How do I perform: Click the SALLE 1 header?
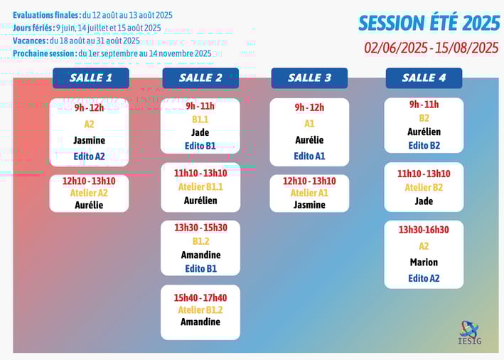[x=91, y=78]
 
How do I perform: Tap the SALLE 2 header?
[x=200, y=78]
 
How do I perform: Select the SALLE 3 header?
[x=309, y=78]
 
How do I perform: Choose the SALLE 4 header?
[x=424, y=78]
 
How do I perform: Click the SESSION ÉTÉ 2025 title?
[x=429, y=23]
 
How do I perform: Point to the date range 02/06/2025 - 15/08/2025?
[x=431, y=48]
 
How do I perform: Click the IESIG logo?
[x=470, y=333]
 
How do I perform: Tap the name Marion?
[x=424, y=263]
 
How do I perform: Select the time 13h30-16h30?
[x=424, y=230]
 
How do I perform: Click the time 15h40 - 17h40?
[x=200, y=297]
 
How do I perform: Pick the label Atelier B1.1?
[x=200, y=187]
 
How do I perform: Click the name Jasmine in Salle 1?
[x=89, y=140]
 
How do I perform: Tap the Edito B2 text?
[x=424, y=146]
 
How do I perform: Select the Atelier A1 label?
[x=309, y=193]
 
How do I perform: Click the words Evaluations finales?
[x=47, y=15]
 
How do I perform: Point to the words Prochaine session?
[x=45, y=53]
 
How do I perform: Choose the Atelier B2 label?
[x=424, y=188]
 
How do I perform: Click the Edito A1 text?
[x=309, y=156]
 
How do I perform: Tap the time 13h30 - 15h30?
[x=201, y=228]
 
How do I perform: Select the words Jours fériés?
[x=33, y=28]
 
